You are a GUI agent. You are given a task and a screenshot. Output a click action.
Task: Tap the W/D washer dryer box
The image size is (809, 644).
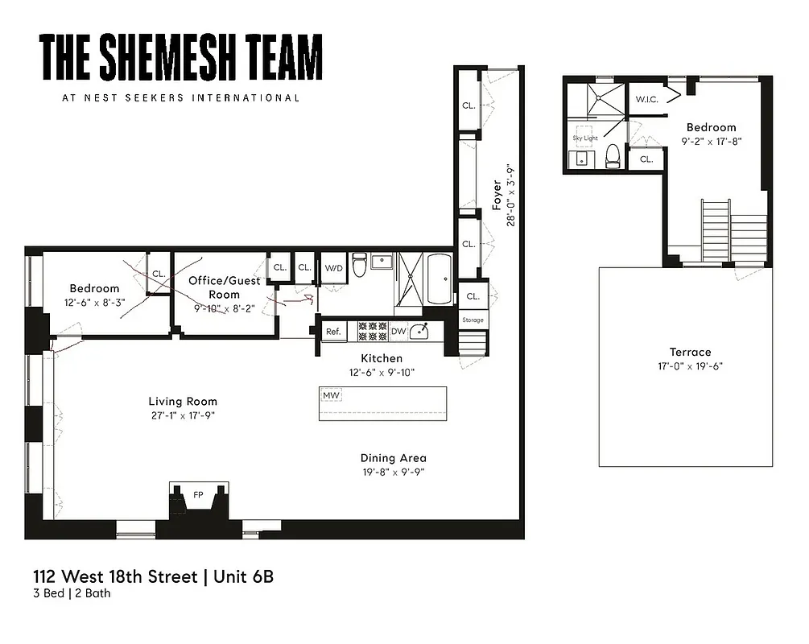click(333, 268)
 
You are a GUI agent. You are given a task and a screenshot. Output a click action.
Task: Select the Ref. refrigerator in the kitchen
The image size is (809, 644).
click(332, 331)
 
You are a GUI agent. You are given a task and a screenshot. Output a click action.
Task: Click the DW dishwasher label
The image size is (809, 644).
click(398, 331)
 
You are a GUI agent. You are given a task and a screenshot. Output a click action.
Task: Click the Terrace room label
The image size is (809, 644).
click(690, 352)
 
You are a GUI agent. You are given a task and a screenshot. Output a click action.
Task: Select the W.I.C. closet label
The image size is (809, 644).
click(647, 99)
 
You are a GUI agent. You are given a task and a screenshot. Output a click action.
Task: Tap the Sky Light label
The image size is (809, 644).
click(585, 138)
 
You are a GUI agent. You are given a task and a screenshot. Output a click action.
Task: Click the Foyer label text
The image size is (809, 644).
click(497, 196)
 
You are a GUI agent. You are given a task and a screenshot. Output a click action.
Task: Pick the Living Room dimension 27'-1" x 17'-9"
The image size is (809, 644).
click(183, 415)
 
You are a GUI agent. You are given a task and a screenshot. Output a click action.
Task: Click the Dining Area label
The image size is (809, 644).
click(393, 458)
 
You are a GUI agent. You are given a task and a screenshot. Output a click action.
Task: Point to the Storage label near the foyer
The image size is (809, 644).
click(473, 320)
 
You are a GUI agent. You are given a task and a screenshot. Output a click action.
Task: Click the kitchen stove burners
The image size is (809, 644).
click(373, 331)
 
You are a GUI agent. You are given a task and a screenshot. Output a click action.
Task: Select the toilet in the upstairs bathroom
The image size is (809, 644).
click(613, 155)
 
